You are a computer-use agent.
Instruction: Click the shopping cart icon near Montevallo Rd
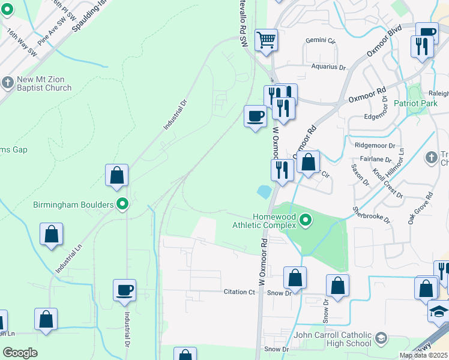[266, 40]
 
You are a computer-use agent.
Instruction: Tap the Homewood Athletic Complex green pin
[306, 221]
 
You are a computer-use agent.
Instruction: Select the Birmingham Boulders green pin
[123, 205]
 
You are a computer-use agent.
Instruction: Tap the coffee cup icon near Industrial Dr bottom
[125, 290]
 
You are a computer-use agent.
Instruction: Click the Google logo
[20, 353]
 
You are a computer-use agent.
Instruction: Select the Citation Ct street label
[240, 292]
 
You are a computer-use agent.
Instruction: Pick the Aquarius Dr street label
[329, 67]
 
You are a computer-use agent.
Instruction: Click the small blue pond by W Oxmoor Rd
[263, 192]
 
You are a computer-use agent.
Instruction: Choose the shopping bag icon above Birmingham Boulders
[117, 175]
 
